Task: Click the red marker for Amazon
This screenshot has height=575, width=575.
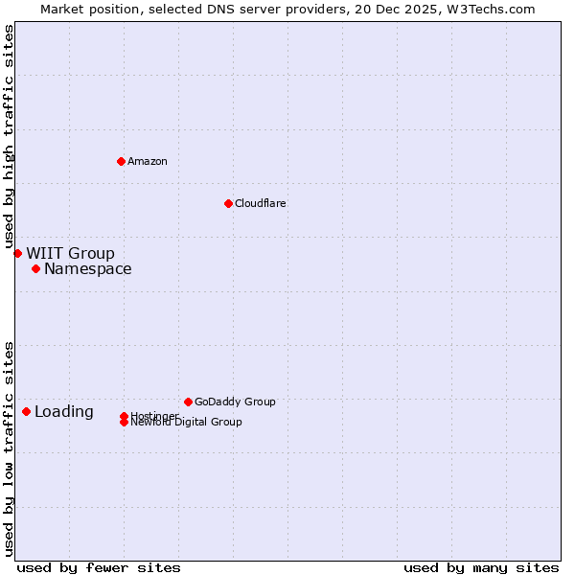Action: coord(121,161)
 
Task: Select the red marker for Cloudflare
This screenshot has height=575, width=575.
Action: coord(228,203)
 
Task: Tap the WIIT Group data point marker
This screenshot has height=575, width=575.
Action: coord(17,253)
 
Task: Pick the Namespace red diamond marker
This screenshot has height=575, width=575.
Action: coord(35,268)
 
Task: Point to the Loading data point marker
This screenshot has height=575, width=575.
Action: coord(26,411)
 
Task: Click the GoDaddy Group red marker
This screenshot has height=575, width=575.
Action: coord(188,402)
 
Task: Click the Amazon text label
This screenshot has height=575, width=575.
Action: coord(148,161)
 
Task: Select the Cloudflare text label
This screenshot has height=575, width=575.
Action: coord(261,203)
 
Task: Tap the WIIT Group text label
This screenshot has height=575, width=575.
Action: coord(70,253)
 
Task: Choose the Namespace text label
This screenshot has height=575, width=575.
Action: coord(88,268)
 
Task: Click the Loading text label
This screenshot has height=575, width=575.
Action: coord(64,412)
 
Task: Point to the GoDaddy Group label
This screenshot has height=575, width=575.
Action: coord(235,402)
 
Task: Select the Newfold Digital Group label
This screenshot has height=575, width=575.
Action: coord(187,423)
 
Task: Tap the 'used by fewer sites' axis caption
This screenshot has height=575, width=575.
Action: coord(99,567)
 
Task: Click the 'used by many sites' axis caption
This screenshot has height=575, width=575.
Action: coord(481,567)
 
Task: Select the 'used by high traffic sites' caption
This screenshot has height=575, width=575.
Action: coord(10,137)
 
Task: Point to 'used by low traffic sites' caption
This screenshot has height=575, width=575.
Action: coord(10,448)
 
